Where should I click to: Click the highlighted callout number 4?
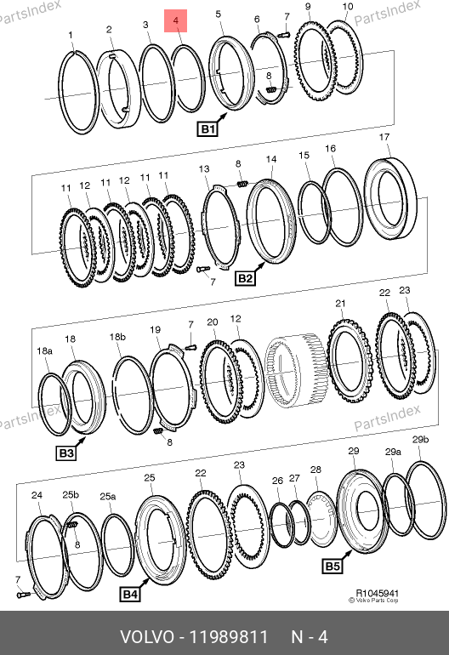pyautogui.click(x=176, y=20)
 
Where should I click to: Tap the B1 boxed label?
pyautogui.click(x=207, y=129)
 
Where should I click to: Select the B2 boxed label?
pyautogui.click(x=245, y=278)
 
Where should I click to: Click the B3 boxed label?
pyautogui.click(x=66, y=453)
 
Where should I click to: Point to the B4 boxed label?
pyautogui.click(x=129, y=595)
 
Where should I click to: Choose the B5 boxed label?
pyautogui.click(x=332, y=567)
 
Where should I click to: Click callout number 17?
pyautogui.click(x=384, y=137)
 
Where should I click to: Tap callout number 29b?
pyautogui.click(x=420, y=440)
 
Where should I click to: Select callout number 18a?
pyautogui.click(x=45, y=350)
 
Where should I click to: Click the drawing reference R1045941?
pyautogui.click(x=378, y=593)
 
